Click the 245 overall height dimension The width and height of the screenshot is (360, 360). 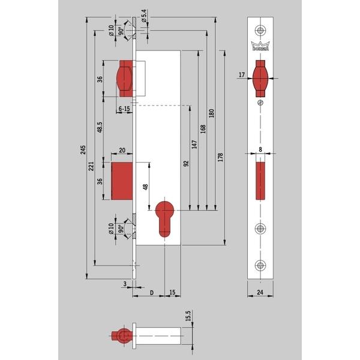(x=83, y=149)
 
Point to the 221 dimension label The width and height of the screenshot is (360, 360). (x=91, y=166)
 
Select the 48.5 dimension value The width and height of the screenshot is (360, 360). (x=100, y=127)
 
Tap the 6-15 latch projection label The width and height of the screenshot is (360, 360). (x=124, y=109)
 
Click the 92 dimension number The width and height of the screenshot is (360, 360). (x=186, y=163)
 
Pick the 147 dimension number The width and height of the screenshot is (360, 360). (x=194, y=144)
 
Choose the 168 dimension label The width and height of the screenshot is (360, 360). (x=203, y=129)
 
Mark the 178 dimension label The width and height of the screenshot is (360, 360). (x=220, y=157)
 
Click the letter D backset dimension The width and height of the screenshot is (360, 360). (x=152, y=293)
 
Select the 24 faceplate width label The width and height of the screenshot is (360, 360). (x=260, y=292)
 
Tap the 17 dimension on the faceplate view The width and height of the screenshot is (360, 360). (x=242, y=74)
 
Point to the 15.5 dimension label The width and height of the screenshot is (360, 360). (x=188, y=316)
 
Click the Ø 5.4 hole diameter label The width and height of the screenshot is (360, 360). (x=144, y=16)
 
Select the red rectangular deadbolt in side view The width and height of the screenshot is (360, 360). (x=122, y=181)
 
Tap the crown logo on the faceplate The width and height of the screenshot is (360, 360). (x=260, y=46)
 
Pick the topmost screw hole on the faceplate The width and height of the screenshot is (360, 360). (x=260, y=30)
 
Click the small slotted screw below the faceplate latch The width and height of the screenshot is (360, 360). (x=260, y=103)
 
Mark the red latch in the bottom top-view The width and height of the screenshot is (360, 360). (x=122, y=336)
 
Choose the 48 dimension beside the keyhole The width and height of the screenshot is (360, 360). (x=146, y=187)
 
